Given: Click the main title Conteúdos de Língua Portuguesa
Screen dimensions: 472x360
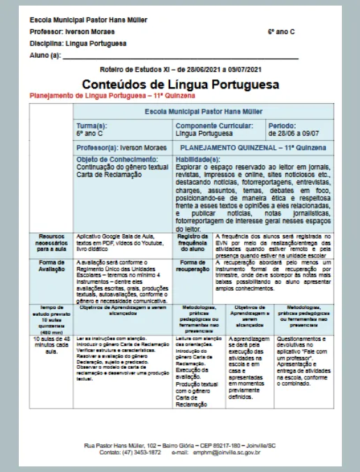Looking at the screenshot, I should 180,84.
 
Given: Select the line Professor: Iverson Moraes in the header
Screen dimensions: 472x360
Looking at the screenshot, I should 73,32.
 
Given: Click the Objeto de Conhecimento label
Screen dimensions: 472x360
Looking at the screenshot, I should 117,160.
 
